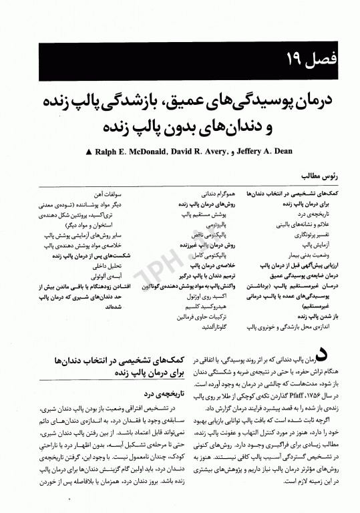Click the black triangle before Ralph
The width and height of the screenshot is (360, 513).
coord(89,152)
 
